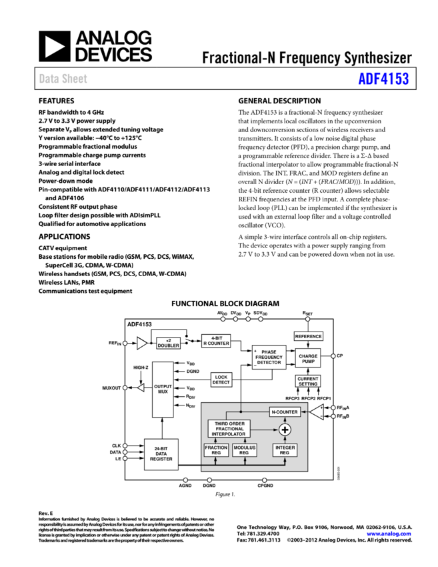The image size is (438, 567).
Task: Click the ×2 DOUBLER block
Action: (168, 344)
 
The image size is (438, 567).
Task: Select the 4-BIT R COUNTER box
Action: (216, 342)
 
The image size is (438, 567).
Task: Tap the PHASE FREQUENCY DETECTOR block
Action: (269, 358)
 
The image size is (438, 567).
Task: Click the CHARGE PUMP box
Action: (308, 359)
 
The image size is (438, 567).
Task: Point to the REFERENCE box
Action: (308, 337)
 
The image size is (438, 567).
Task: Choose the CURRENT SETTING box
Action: (308, 381)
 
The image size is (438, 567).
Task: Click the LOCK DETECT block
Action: (221, 380)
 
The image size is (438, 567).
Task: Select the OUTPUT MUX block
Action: (163, 390)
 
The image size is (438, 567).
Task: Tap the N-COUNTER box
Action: (284, 412)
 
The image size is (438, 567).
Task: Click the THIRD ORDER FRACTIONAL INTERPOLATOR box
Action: (229, 429)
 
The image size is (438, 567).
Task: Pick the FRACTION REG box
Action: (216, 450)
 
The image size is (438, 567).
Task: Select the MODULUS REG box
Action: (245, 450)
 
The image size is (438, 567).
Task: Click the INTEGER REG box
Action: (285, 450)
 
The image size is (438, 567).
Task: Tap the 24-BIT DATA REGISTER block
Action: (161, 454)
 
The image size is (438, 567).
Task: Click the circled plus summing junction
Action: (285, 430)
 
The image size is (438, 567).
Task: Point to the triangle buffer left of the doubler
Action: (141, 344)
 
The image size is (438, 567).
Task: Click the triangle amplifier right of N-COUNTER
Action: (316, 412)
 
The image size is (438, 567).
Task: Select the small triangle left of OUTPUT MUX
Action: (141, 388)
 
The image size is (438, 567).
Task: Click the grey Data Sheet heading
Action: (63, 79)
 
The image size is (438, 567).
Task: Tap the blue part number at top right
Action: (383, 79)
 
